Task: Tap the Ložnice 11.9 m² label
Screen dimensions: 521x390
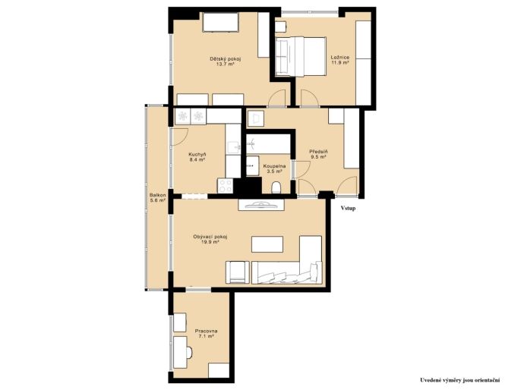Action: click(340, 60)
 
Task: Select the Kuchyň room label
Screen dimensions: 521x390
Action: click(197, 156)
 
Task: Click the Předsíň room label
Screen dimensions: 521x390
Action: click(319, 154)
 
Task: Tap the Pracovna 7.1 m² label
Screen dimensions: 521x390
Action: click(206, 334)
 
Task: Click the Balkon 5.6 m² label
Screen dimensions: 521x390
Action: click(157, 198)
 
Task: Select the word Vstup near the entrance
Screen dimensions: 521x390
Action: click(348, 209)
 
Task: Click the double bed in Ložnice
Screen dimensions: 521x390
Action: click(301, 56)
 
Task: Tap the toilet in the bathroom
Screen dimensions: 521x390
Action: click(276, 187)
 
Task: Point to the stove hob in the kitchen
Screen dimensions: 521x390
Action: click(226, 186)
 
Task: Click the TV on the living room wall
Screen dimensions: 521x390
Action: click(261, 204)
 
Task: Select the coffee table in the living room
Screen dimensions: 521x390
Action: click(267, 244)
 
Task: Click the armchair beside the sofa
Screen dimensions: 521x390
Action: click(237, 272)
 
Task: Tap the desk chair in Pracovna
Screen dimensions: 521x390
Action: click(189, 353)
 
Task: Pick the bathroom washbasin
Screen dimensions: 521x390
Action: click(252, 165)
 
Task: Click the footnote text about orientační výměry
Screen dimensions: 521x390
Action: click(460, 380)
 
